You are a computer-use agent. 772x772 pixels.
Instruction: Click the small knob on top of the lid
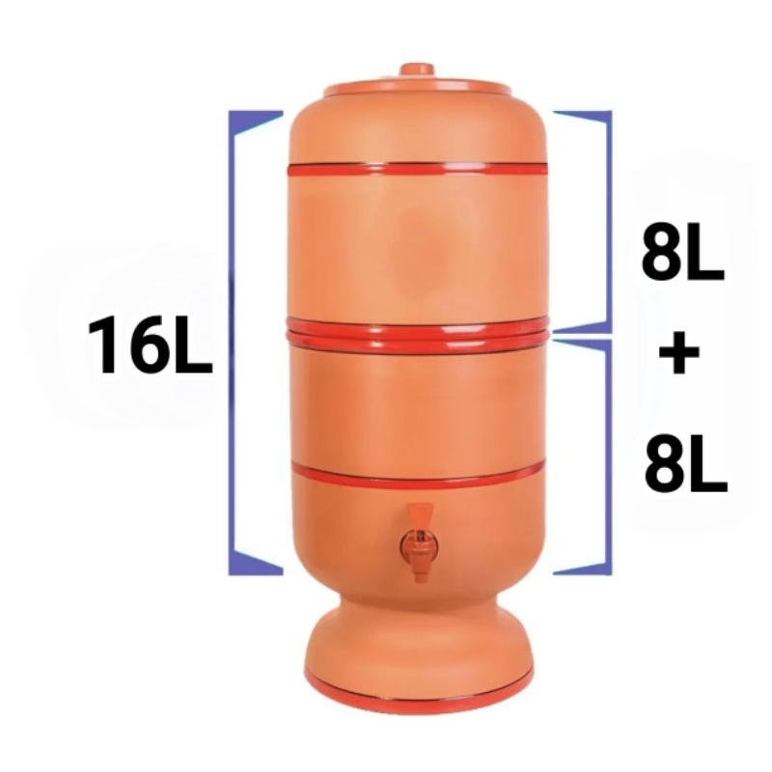417,71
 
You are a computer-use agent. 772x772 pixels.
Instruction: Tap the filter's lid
417,87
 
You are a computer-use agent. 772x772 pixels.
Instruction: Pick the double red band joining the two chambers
417,334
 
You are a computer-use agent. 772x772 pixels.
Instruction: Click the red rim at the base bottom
417,687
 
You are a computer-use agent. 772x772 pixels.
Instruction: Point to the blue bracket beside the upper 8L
605,222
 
